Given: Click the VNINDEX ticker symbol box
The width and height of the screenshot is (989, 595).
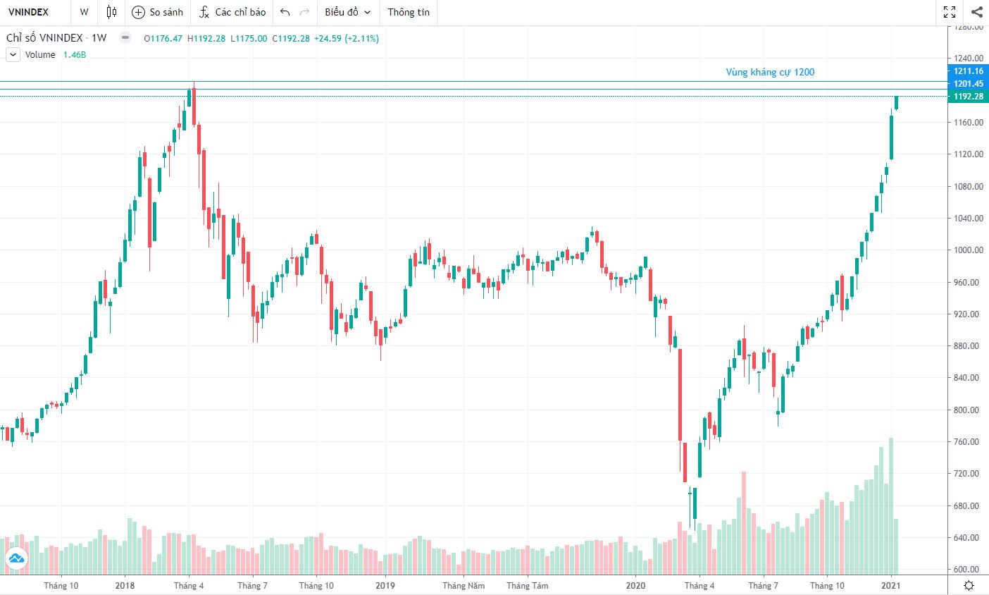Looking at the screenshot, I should (x=29, y=12).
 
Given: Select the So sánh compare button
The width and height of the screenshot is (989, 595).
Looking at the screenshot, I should (x=158, y=12).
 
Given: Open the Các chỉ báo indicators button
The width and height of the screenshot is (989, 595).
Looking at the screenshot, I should (x=232, y=12).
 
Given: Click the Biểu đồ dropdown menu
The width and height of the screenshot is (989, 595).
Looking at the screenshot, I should (x=347, y=12).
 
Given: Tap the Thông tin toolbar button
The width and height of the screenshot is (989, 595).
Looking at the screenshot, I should (x=409, y=12).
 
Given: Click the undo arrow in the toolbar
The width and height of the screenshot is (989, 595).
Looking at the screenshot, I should (x=285, y=12).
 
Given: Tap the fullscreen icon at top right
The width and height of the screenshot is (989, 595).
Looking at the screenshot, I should (x=950, y=12).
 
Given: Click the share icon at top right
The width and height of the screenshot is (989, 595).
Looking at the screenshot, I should (x=976, y=12).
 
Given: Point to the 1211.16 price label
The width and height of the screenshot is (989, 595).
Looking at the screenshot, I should (x=969, y=71).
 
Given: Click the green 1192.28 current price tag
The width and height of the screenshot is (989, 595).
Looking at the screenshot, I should (x=969, y=97).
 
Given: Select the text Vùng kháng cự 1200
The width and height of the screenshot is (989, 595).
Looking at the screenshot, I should (x=770, y=72).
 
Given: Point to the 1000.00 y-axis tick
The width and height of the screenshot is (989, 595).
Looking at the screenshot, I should (x=969, y=250).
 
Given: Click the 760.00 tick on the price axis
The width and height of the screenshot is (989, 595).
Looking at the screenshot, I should (x=969, y=442).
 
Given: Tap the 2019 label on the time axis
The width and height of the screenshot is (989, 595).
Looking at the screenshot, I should (x=385, y=586).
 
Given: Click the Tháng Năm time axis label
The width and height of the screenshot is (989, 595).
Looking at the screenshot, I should (x=464, y=586).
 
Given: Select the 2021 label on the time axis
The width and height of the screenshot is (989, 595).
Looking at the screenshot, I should (x=891, y=586).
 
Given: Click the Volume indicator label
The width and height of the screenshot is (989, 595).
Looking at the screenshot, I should (x=40, y=55).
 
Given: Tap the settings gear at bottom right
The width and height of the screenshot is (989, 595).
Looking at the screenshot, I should (x=969, y=586).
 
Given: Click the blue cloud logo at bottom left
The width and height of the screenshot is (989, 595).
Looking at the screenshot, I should (x=16, y=559).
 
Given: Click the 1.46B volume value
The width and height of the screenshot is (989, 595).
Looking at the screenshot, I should (x=75, y=55).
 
